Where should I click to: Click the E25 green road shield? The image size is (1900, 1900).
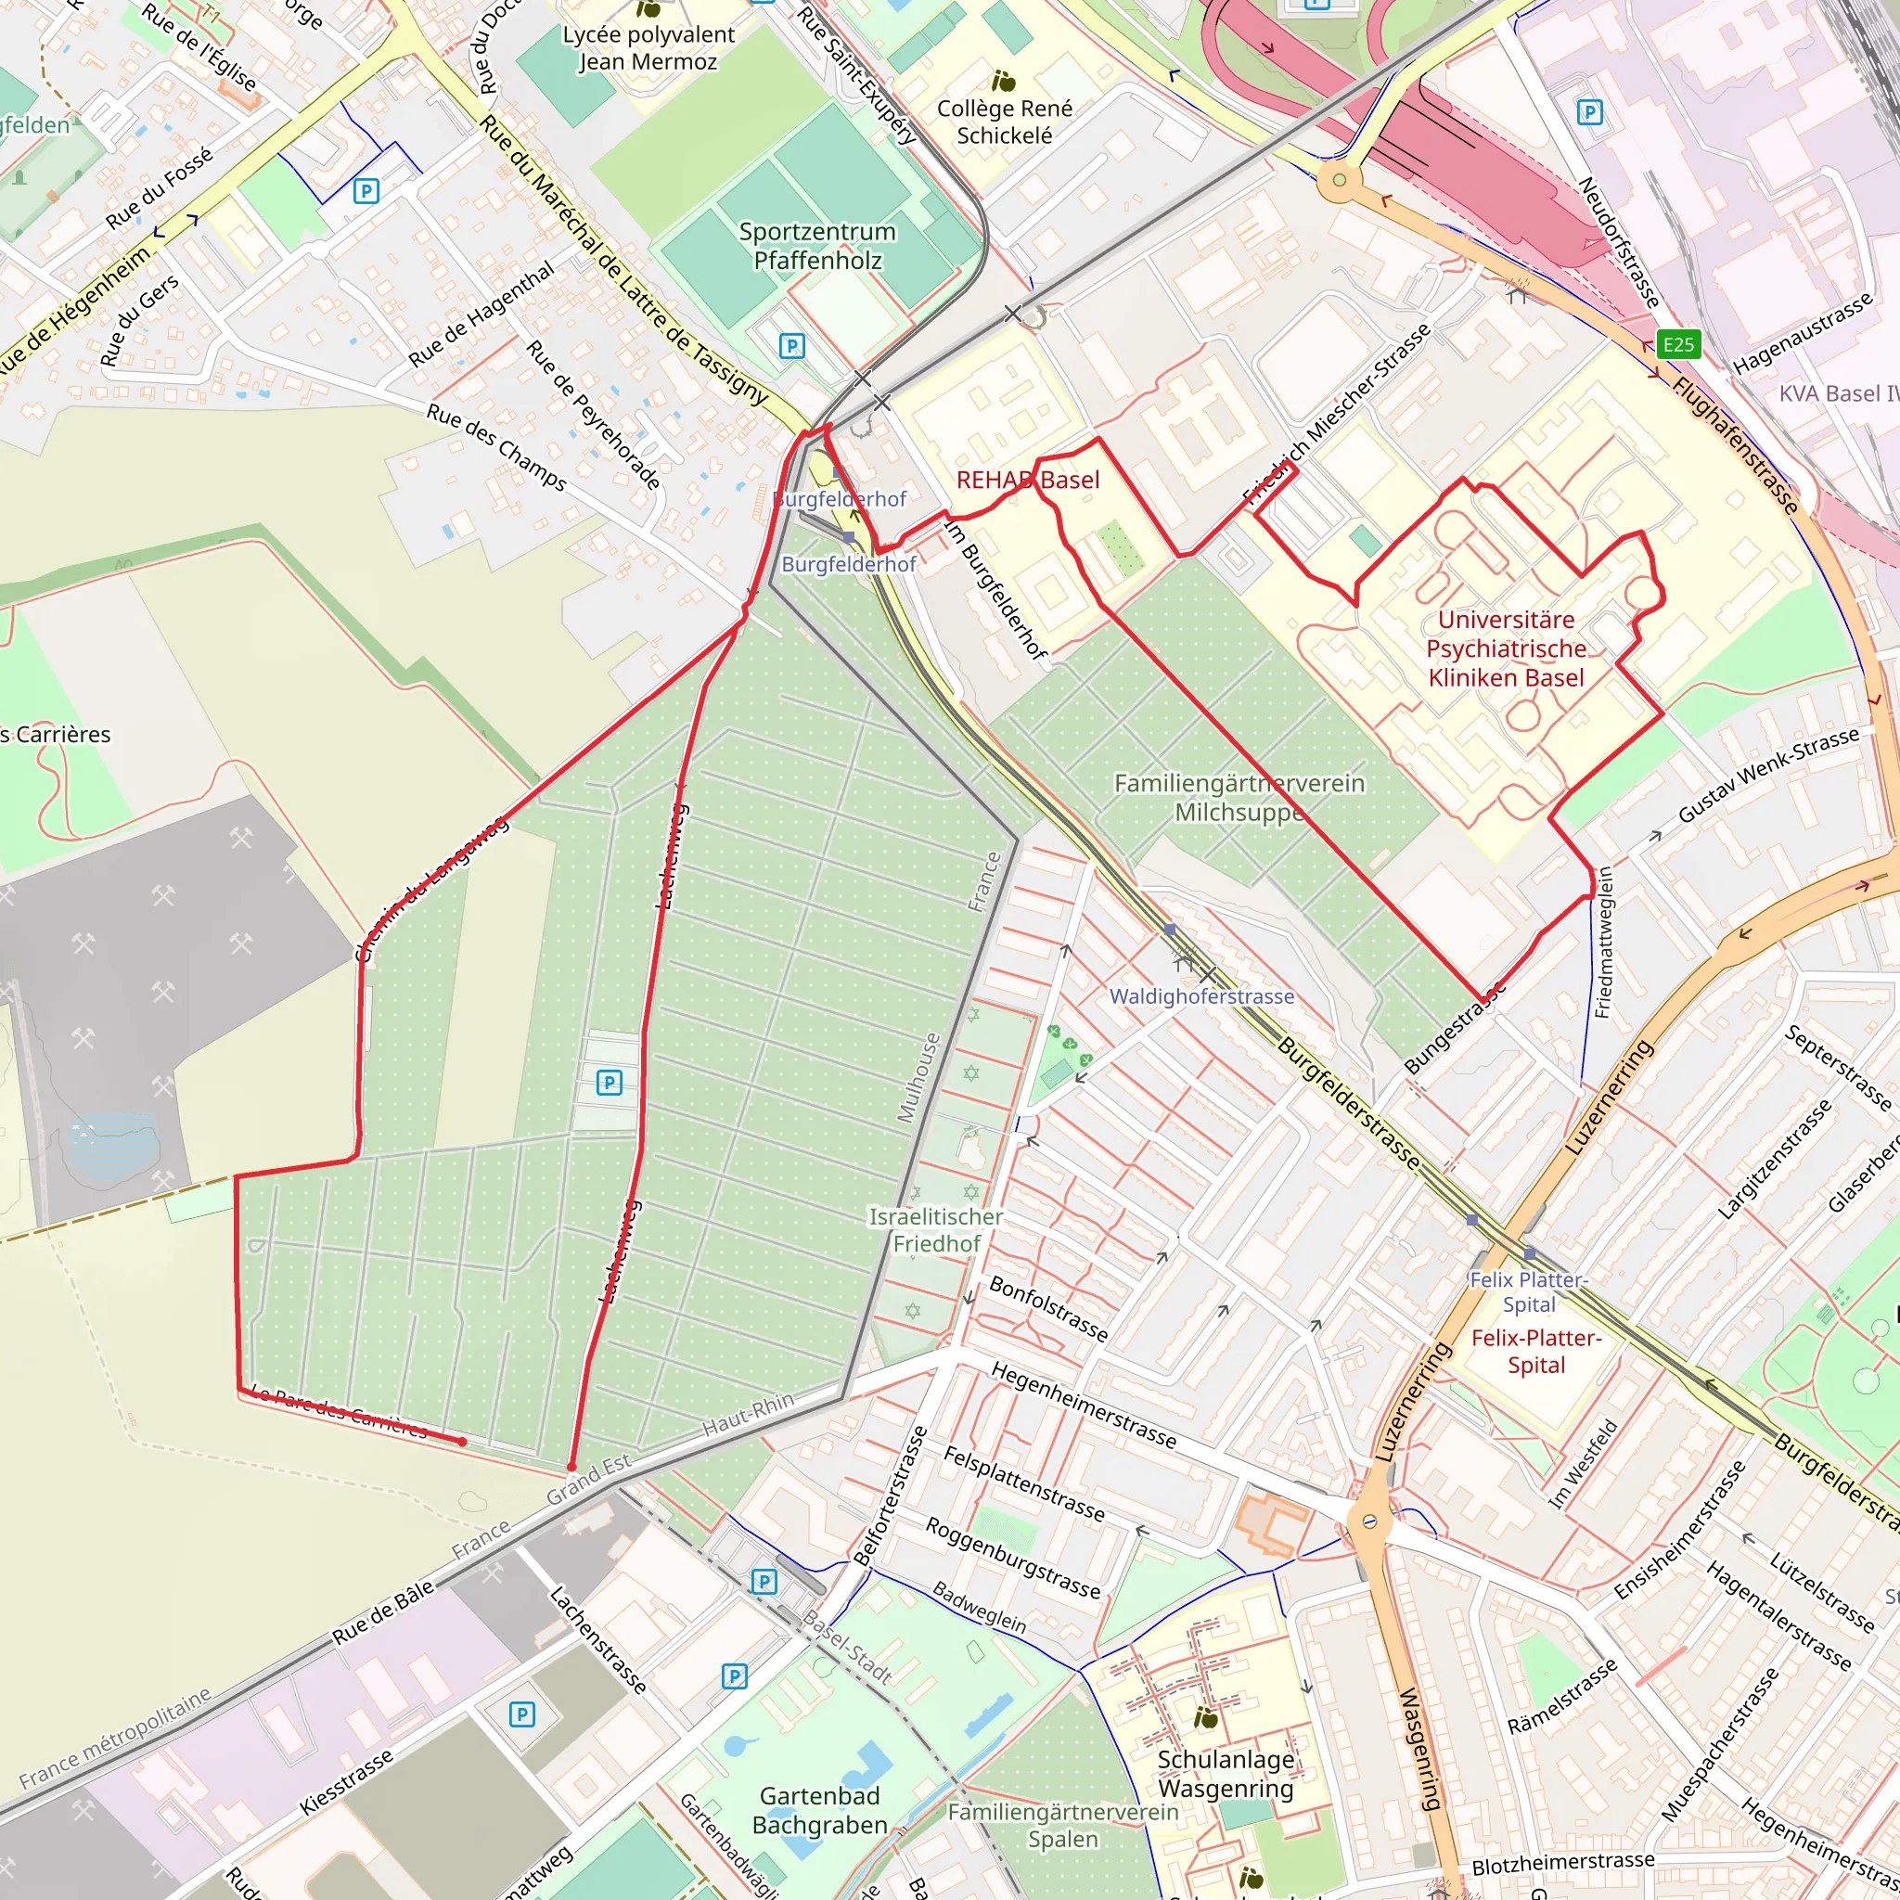coord(1677,344)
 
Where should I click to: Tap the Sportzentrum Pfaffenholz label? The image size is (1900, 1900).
coord(817,246)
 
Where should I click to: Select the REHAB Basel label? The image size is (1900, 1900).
coord(1028,480)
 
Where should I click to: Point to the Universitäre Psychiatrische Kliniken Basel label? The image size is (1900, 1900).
coord(1506,648)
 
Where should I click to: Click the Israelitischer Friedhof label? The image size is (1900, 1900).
coord(936,1229)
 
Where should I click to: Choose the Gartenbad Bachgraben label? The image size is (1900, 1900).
coord(819,1811)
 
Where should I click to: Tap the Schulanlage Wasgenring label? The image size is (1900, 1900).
coord(1226,1773)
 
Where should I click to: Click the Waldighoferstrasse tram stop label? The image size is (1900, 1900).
coord(1201,996)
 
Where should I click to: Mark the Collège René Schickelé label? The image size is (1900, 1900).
coord(1004,121)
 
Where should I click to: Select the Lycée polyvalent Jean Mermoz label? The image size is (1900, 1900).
coord(648,48)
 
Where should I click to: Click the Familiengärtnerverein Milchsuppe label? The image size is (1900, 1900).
coord(1239,798)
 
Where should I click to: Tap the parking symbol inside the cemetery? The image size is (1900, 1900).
coord(610,1083)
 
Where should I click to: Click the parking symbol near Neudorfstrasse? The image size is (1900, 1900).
coord(1589,112)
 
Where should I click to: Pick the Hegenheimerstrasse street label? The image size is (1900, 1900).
coord(1083,1406)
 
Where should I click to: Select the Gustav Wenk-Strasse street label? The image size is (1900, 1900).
coord(1768,775)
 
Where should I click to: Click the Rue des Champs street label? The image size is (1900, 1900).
coord(495,447)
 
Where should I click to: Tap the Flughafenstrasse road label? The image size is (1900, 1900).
coord(1736,444)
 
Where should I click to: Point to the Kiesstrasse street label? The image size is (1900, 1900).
coord(346,1781)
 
